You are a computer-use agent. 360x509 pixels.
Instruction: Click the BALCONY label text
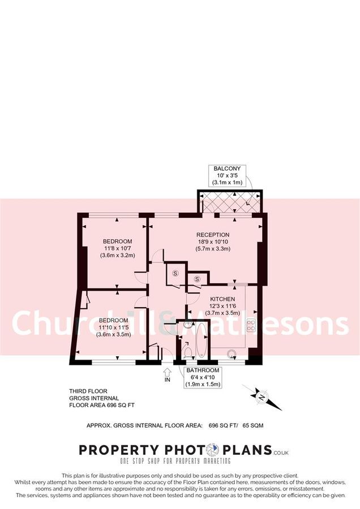point(227,169)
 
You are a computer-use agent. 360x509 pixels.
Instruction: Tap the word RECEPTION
point(213,235)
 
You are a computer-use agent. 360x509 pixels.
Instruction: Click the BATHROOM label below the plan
point(202,370)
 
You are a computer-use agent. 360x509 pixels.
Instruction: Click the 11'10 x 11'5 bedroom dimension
point(114,327)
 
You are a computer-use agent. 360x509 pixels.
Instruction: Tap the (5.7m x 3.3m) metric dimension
point(213,249)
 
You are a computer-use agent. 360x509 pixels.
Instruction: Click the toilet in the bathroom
point(188,352)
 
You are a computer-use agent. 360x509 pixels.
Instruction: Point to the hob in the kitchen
point(250,325)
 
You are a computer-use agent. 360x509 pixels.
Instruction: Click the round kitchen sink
point(231,355)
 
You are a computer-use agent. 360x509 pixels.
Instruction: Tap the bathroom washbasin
point(187,326)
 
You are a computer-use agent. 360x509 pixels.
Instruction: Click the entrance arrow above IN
point(167,371)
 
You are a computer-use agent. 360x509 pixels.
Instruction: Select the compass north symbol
point(262,397)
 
